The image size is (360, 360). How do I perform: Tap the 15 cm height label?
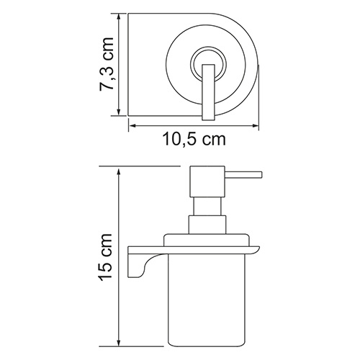(107, 256)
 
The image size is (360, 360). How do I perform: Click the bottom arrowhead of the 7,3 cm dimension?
(120, 114)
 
